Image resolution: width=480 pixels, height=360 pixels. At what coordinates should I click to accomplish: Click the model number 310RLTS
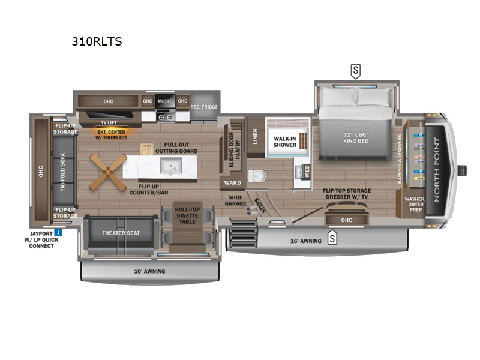pos(97,41)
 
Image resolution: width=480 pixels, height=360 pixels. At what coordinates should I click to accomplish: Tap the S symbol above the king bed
pos(356,71)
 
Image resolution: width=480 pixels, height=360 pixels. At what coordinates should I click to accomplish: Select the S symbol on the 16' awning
pos(332,239)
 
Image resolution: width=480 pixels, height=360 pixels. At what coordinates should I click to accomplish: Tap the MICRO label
pos(165,101)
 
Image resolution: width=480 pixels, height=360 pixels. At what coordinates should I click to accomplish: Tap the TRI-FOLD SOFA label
pos(63,170)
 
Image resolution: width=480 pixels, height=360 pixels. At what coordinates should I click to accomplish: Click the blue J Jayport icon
pos(58,232)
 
